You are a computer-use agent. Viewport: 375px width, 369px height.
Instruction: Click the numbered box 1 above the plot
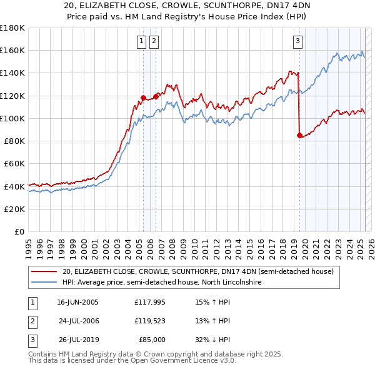pos(142,42)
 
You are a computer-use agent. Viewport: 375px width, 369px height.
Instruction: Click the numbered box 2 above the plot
pos(154,42)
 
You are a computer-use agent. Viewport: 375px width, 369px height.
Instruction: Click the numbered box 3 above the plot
pos(297,42)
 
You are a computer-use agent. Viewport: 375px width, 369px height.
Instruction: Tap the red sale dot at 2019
pos(299,134)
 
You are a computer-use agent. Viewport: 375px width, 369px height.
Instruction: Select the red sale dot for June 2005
pos(143,97)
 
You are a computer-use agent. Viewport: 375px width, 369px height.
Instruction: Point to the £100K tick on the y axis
pos(13,118)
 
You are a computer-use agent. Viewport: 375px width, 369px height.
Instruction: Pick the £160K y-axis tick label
pos(13,51)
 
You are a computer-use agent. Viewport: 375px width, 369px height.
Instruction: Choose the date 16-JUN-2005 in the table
pos(77,302)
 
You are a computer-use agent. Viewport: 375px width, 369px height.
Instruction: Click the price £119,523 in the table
pos(150,321)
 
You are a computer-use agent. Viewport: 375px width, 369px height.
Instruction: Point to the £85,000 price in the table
pos(150,340)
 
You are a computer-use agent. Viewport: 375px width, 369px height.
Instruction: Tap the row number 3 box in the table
pos(31,340)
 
